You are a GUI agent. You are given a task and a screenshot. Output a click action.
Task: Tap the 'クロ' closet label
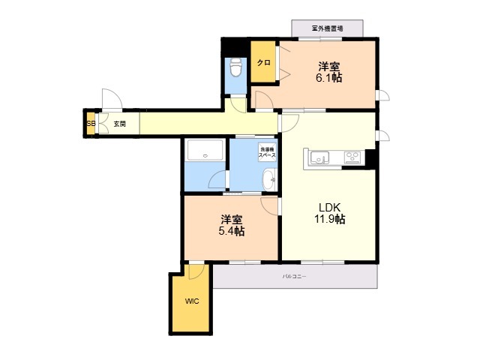pos(262,63)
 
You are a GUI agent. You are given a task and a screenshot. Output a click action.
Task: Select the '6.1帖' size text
pos(329,77)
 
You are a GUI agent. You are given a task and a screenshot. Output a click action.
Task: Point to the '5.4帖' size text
pos(232,231)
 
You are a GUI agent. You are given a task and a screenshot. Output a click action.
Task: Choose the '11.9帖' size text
pos(329,219)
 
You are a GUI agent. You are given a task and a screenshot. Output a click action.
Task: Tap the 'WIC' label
pos(192,301)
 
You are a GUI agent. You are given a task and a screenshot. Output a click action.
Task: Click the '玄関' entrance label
pos(120,124)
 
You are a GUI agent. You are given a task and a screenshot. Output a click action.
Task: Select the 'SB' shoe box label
pos(91,124)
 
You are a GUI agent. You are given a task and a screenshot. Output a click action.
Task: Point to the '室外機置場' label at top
pos(327,28)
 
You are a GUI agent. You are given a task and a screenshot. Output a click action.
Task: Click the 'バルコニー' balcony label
pos(294,277)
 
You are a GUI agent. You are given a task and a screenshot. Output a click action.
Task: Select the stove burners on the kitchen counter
pos(352,157)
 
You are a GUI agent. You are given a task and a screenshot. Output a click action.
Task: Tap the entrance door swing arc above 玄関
pos(109,100)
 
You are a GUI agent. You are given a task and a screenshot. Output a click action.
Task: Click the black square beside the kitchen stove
pos(370,158)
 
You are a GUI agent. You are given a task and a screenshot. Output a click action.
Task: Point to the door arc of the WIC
pos(196,271)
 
